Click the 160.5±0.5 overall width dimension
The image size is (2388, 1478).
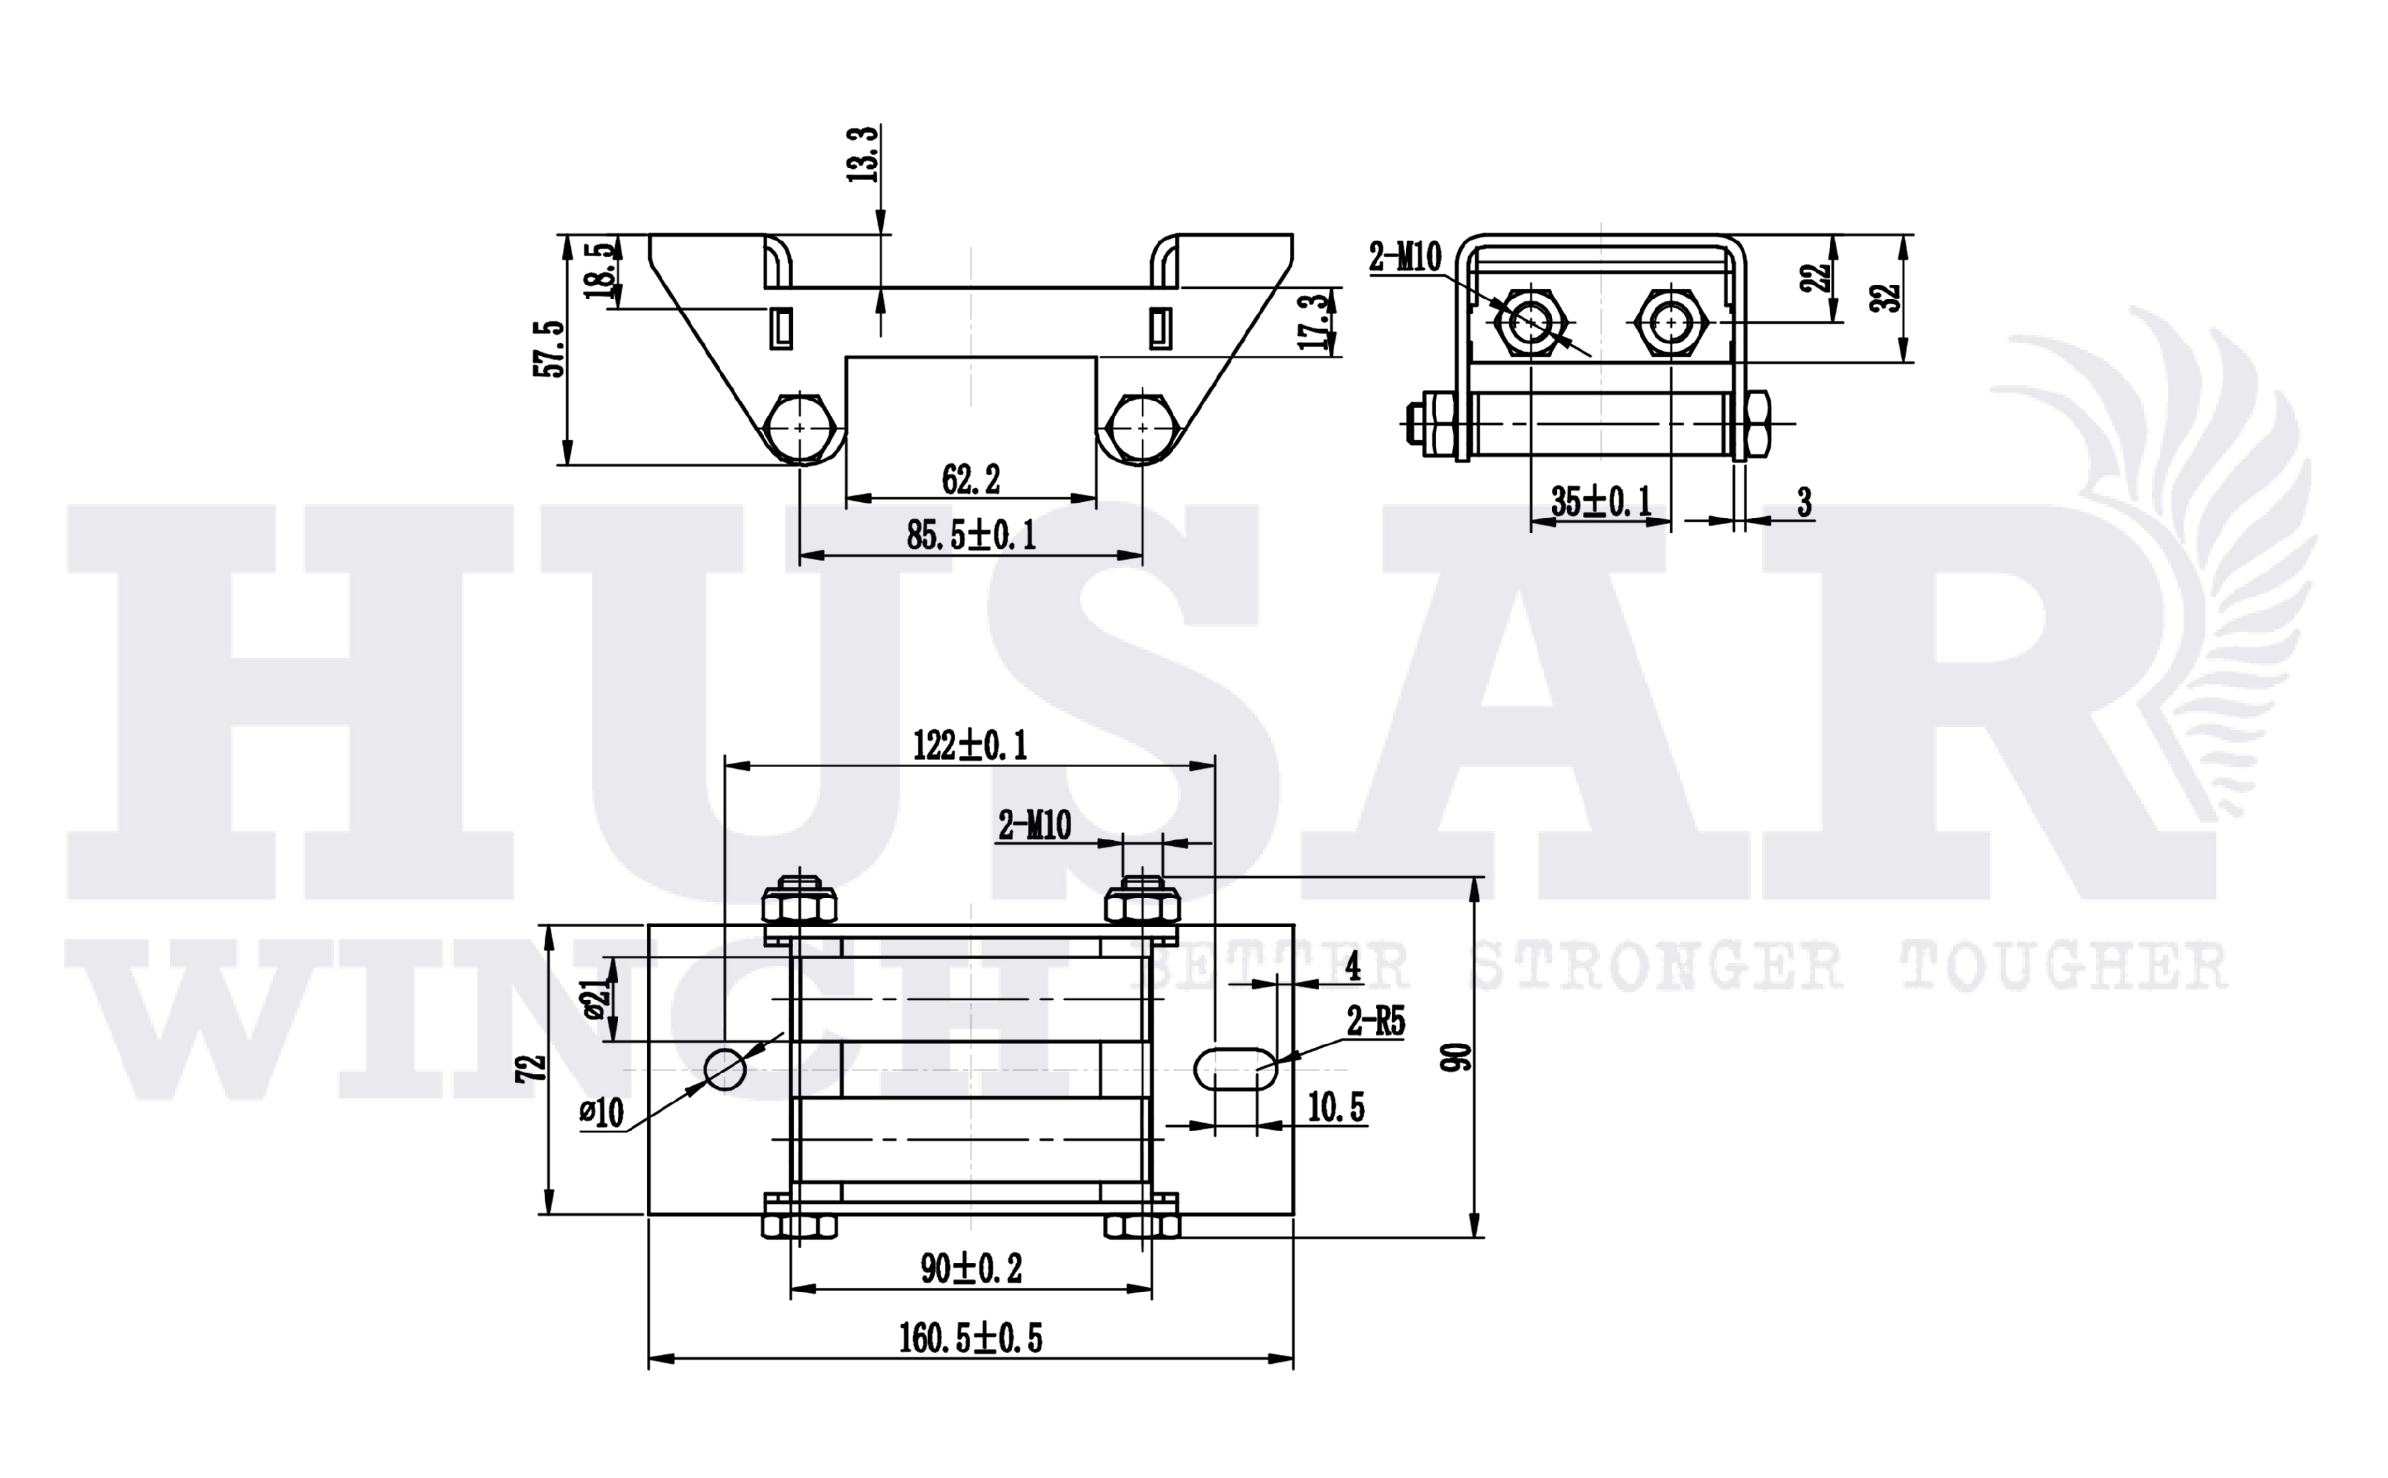(970, 1338)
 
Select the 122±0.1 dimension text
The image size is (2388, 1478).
(970, 746)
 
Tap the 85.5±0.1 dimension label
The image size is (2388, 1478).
(971, 535)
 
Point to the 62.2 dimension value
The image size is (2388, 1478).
(971, 479)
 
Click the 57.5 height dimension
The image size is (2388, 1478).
(551, 348)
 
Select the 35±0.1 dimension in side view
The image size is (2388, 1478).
(1601, 501)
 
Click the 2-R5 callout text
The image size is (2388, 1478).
(1376, 1022)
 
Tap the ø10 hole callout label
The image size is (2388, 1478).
(601, 1112)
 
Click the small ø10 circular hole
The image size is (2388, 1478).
(725, 1069)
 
